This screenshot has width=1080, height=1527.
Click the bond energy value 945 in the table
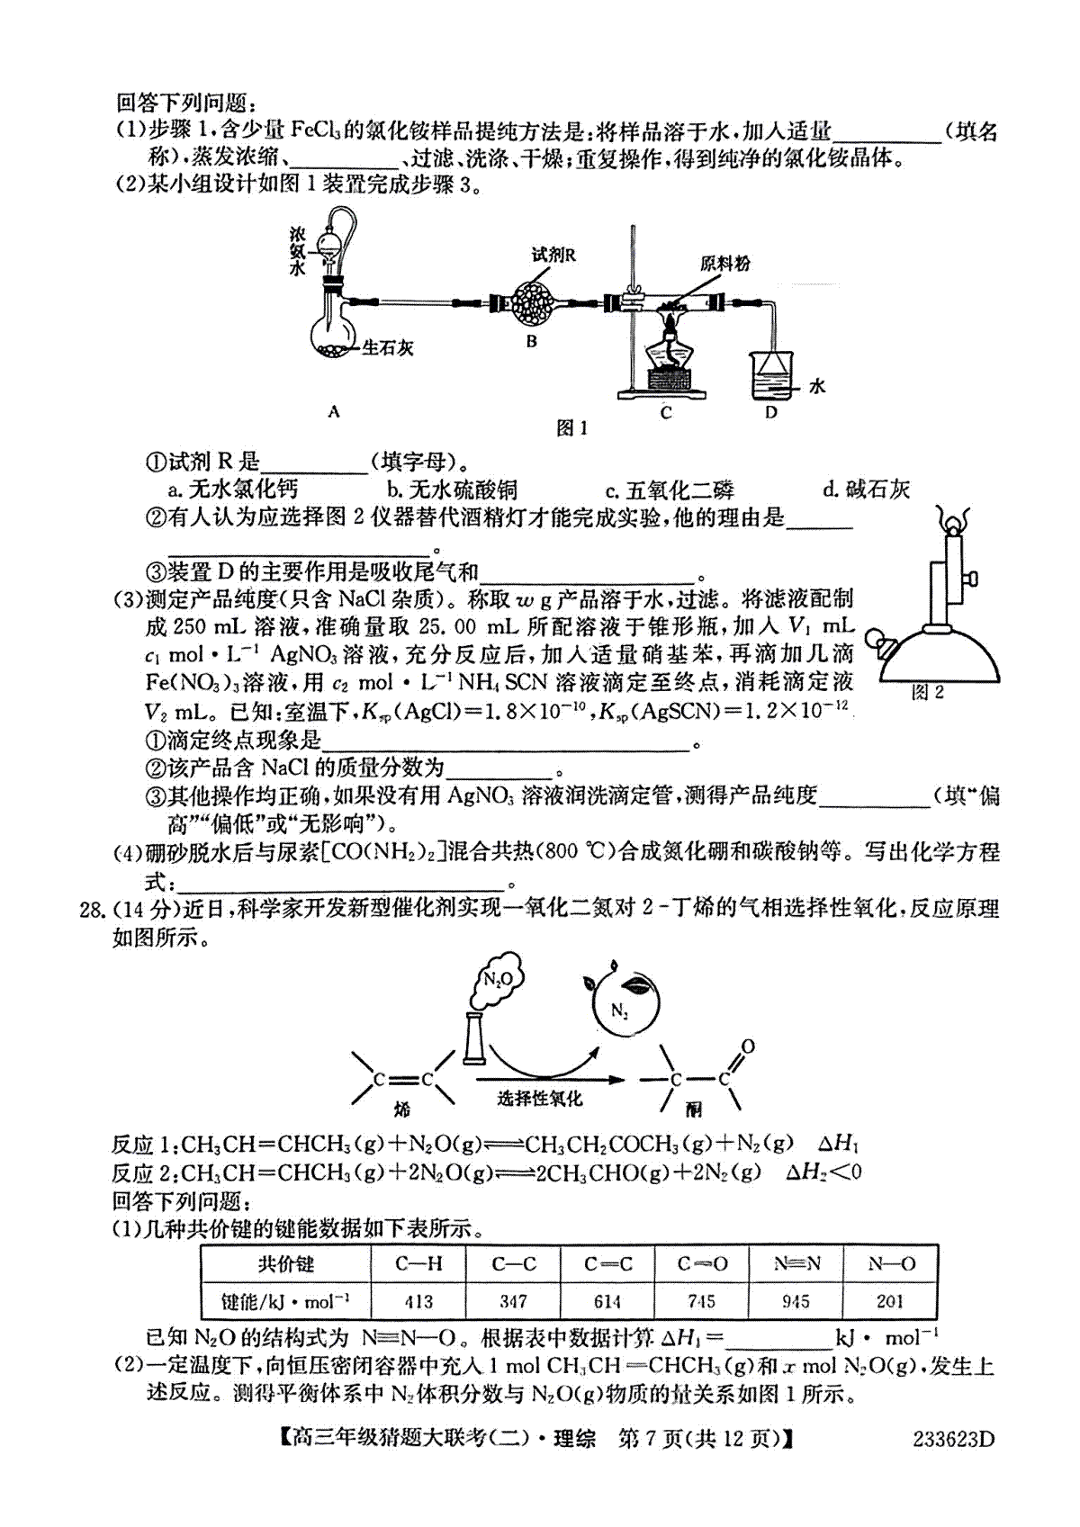[x=795, y=1301]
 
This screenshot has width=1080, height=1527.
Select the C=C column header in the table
[x=607, y=1263]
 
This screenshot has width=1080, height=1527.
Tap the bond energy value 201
[x=890, y=1301]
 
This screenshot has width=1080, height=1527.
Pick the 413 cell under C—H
[x=418, y=1301]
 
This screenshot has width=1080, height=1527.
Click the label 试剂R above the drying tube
[x=553, y=255]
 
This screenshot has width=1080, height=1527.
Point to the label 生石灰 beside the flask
[x=387, y=348]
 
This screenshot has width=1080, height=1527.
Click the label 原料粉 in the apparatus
[x=724, y=263]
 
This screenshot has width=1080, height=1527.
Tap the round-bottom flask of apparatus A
[x=333, y=330]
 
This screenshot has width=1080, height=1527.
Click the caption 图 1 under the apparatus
[x=571, y=428]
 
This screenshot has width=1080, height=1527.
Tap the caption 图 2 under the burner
[x=927, y=693]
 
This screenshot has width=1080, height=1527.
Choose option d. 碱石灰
[x=867, y=489]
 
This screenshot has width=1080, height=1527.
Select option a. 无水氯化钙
[x=233, y=489]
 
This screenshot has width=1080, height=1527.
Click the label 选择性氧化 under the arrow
[x=540, y=1098]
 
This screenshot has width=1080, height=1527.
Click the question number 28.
[x=93, y=910]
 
